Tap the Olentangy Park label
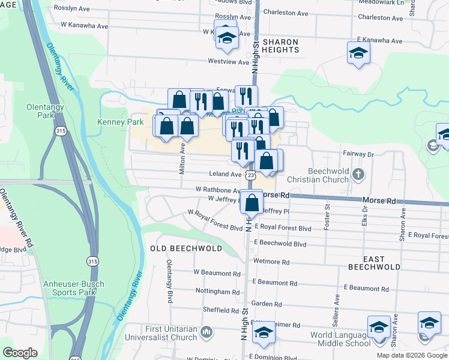[41, 112]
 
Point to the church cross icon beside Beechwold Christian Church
[358, 175]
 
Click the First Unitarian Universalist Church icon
[207, 331]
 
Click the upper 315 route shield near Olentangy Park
[61, 131]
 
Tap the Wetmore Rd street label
[271, 262]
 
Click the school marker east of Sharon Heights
[358, 53]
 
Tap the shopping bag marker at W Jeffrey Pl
[252, 203]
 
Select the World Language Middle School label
[340, 339]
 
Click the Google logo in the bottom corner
[20, 353]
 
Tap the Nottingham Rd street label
[217, 292]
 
